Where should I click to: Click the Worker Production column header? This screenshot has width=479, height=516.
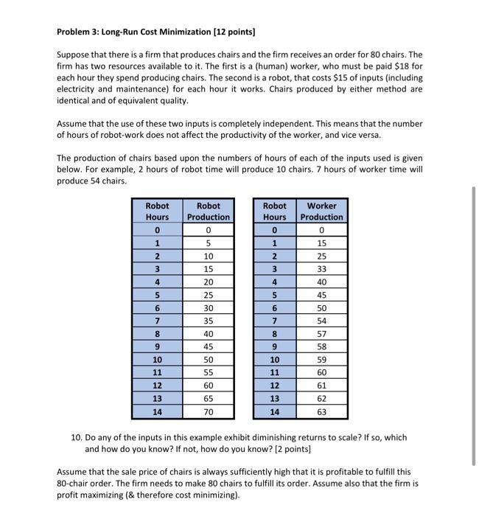click(x=322, y=212)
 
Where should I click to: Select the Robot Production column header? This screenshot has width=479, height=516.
click(x=208, y=212)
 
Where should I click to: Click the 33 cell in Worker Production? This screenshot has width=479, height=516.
click(x=322, y=269)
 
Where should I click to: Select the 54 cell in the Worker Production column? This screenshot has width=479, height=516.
click(x=322, y=321)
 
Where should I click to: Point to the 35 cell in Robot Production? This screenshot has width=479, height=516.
click(x=208, y=321)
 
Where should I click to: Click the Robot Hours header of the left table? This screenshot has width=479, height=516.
click(x=157, y=212)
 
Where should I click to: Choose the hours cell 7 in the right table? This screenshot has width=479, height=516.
click(x=275, y=321)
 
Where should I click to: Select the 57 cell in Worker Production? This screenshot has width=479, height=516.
click(x=322, y=333)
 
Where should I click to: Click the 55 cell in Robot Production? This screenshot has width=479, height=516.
click(x=208, y=373)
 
